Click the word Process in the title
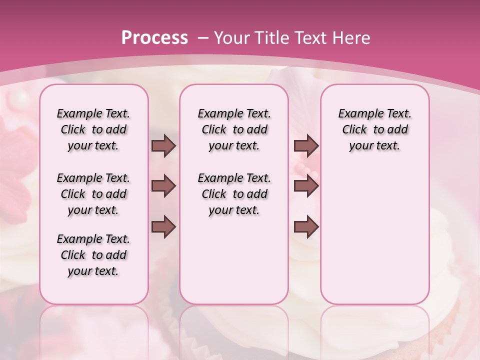[x=154, y=38]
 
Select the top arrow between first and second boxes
[x=163, y=146]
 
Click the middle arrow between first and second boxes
[x=163, y=186]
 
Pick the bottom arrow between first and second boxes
[x=163, y=227]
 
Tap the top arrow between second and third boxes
[x=306, y=146]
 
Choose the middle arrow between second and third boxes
[x=306, y=186]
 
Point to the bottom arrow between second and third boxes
[x=306, y=227]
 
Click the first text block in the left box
[x=93, y=129]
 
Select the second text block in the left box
[x=93, y=194]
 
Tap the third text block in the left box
[x=93, y=255]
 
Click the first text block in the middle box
[x=234, y=129]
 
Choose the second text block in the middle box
[x=234, y=194]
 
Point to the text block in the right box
[x=374, y=129]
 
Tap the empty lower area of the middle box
[x=234, y=260]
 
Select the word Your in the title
[x=232, y=38]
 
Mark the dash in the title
[x=202, y=38]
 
